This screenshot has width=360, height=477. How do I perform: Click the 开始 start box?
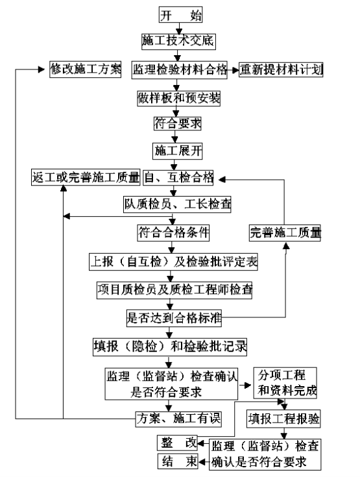180,15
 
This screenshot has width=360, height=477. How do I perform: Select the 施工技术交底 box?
178,42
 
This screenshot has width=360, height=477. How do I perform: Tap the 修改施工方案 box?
86,69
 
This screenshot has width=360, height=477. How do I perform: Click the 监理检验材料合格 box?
180,70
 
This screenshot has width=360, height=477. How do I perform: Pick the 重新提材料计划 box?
281,70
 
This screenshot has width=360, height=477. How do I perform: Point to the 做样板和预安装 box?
178,98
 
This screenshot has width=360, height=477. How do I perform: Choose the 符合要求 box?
178,123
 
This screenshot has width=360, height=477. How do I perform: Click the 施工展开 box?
178,151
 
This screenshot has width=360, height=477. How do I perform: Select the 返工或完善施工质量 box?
86,177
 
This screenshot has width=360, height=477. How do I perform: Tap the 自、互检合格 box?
178,177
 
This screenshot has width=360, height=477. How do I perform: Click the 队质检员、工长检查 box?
177,204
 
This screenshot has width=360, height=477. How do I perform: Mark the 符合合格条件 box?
173,233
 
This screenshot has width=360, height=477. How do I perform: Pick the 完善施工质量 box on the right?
285,233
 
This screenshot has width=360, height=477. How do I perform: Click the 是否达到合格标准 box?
174,319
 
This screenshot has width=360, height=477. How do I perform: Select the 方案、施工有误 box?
178,419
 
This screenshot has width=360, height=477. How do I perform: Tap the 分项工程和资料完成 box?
285,383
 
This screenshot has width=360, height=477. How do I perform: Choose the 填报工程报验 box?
283,419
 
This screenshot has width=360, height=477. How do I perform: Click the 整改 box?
177,443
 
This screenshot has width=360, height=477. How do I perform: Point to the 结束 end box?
178,461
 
